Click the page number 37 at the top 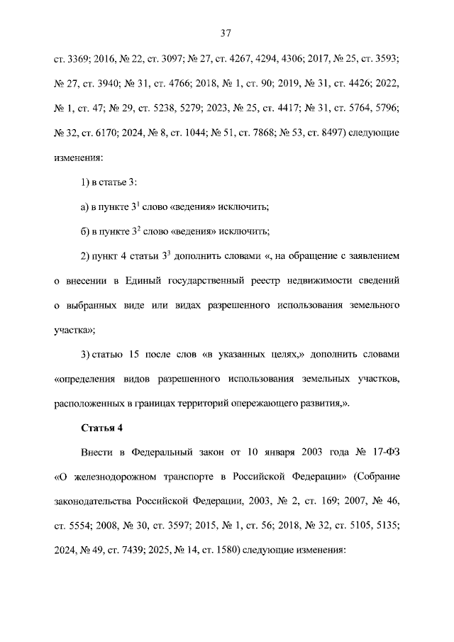[226, 33]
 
